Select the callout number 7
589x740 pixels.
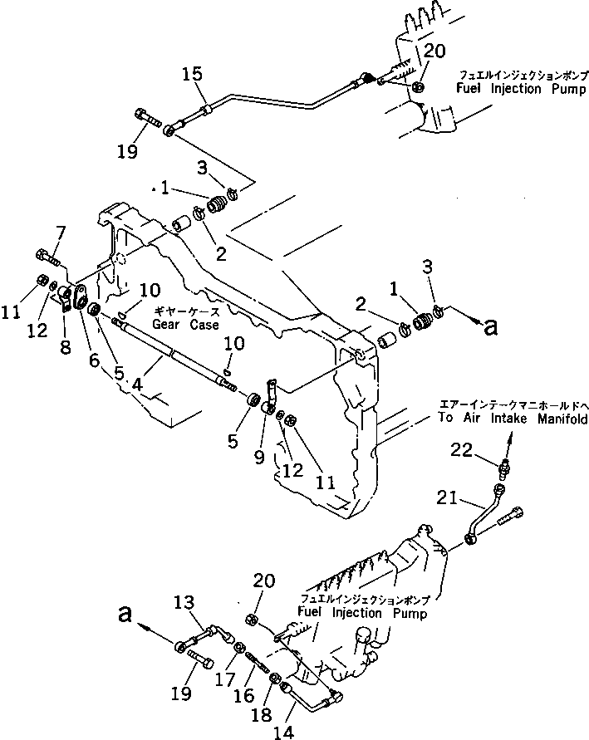pos(60,232)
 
